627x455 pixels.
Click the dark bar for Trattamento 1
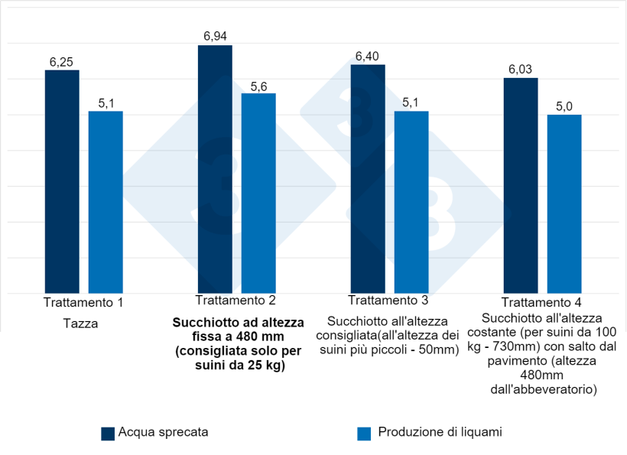pos(62,181)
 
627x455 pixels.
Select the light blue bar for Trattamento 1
pos(106,202)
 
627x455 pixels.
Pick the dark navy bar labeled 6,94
pos(215,169)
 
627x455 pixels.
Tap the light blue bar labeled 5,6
pos(258,193)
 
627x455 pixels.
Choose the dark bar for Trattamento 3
pos(368,179)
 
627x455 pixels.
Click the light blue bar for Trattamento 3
pos(411,202)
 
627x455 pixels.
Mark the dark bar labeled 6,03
pos(521,185)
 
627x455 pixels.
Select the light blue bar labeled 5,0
pos(564,203)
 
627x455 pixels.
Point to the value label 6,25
pos(62,62)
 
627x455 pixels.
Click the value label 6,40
pos(368,57)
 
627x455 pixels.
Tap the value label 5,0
pos(564,106)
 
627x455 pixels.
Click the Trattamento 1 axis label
pos(84,302)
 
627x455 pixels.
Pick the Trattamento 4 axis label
pos(543,303)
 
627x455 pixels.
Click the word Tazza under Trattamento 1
pos(80,323)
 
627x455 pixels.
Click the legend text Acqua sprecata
pos(163,433)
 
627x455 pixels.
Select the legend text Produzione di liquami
pos(439,433)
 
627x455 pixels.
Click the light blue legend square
pos(364,434)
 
